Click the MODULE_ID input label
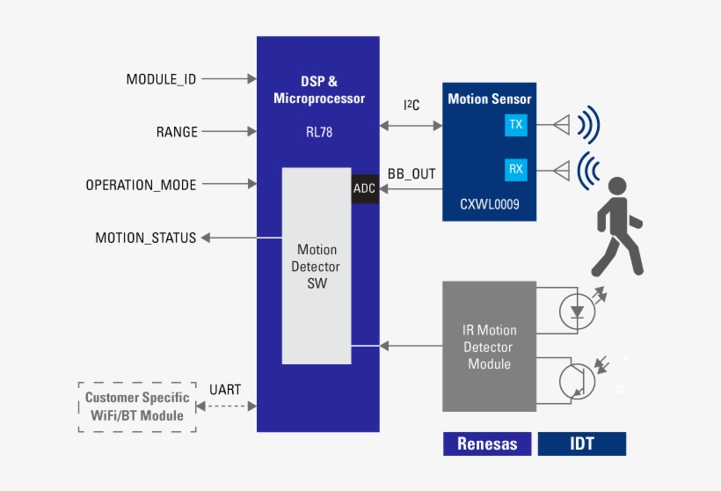coord(161,79)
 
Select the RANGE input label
coord(177,132)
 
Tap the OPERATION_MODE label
coord(141,185)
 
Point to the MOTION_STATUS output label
coord(145,238)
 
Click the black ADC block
coord(364,188)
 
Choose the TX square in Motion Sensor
coord(516,125)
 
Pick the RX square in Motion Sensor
coord(516,169)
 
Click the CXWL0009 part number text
coord(490,204)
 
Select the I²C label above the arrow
coord(411,106)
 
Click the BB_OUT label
coord(411,173)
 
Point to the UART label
coord(225,390)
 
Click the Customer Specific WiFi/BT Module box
coord(136,407)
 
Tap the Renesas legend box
coord(487,443)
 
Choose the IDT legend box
coord(582,443)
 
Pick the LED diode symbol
coord(577,311)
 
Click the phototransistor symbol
coord(577,379)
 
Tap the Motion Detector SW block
coord(317,266)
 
